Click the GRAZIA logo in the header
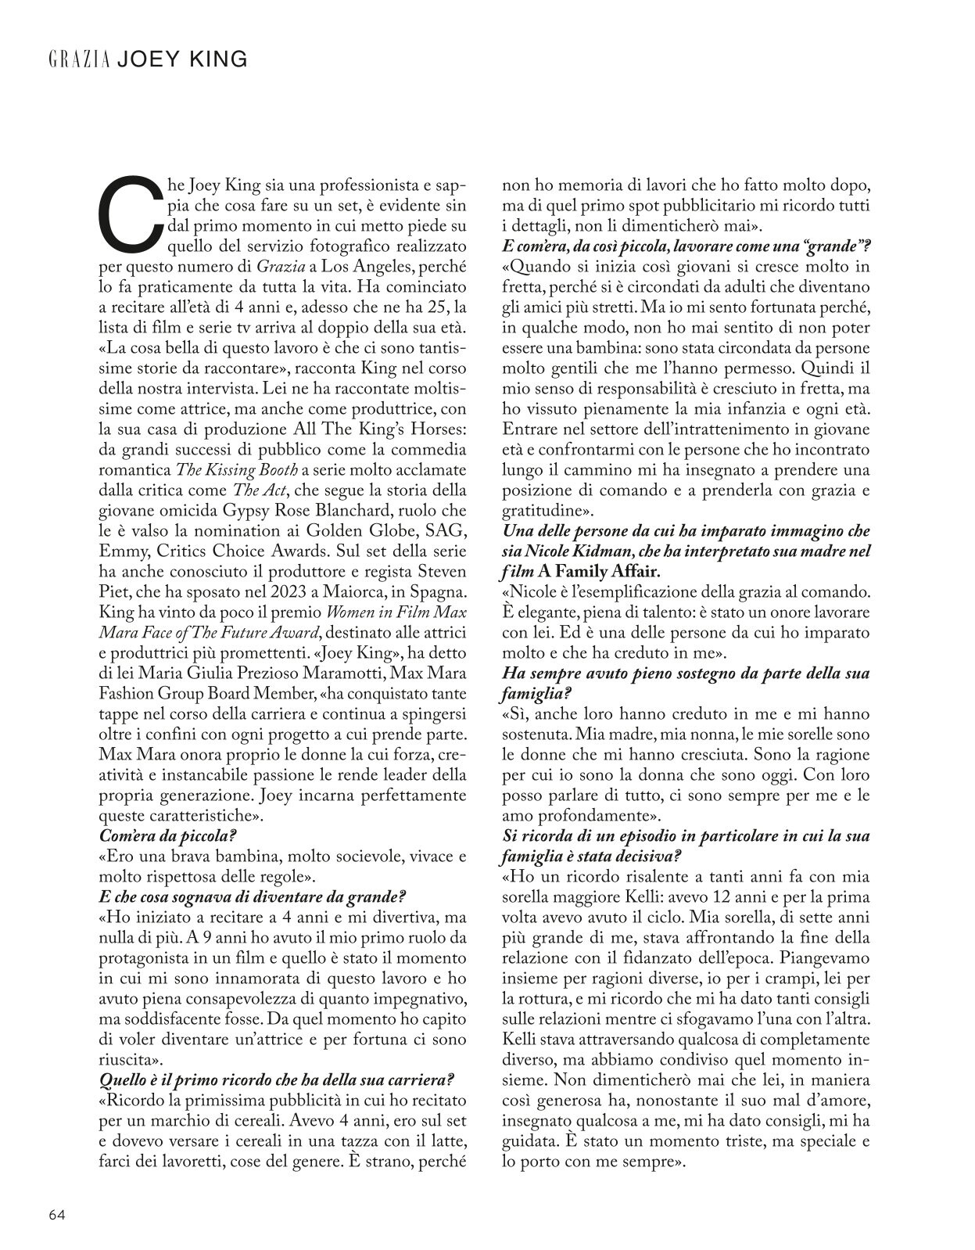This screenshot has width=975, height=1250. coord(78,59)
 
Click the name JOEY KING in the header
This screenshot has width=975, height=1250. coord(182,59)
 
